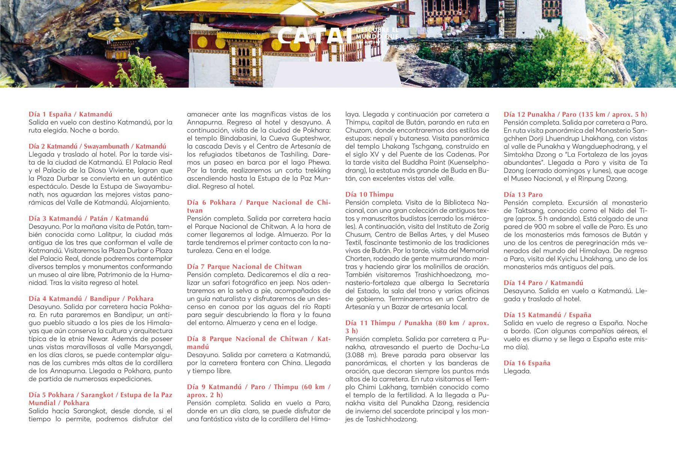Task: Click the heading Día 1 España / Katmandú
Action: [x=70, y=114]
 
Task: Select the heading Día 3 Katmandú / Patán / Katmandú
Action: [x=88, y=218]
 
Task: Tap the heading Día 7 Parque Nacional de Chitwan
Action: [x=244, y=266]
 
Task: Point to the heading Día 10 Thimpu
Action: [x=369, y=194]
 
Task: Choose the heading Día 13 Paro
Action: [x=523, y=194]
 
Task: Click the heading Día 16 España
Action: [x=527, y=363]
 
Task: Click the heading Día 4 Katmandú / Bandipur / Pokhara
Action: [x=91, y=299]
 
